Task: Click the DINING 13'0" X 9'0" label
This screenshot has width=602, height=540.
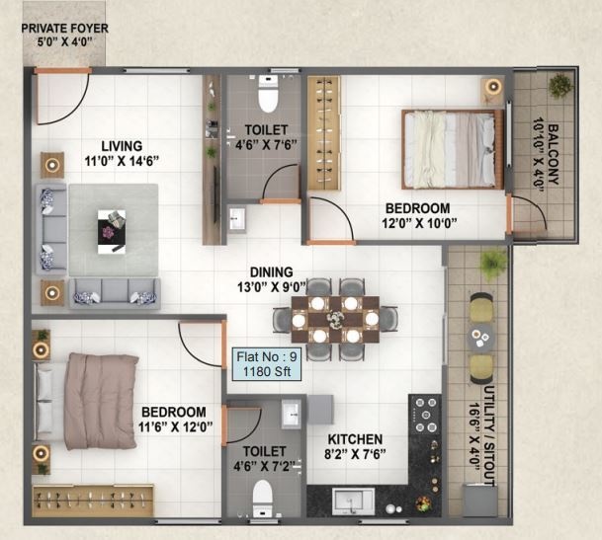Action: (271, 279)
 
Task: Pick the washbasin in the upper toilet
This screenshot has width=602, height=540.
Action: (238, 219)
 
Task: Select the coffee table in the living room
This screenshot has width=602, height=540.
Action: (112, 226)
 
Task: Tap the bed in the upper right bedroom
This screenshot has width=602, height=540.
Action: (450, 148)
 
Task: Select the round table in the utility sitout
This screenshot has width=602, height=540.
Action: (481, 337)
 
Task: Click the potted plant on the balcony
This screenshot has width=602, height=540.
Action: (559, 86)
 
